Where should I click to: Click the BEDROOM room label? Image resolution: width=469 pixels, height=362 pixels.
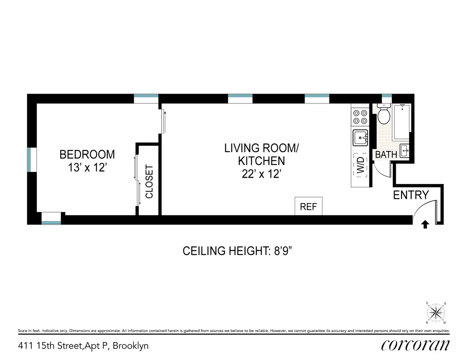(x=87, y=154)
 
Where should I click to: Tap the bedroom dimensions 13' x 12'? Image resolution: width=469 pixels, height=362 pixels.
(x=87, y=168)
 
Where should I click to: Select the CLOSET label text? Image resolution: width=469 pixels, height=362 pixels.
(x=149, y=182)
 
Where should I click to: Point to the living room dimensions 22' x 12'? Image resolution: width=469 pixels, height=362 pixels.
(x=261, y=174)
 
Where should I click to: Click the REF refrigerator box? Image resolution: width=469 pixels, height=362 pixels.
(x=308, y=206)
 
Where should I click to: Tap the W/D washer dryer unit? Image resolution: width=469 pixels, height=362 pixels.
(x=360, y=166)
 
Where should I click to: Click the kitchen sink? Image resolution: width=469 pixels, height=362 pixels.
(x=360, y=138)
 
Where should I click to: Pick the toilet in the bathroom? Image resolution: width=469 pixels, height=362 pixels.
(x=383, y=114)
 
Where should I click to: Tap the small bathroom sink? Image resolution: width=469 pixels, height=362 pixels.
(x=404, y=151)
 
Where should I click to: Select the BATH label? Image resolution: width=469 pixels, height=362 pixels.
(x=386, y=155)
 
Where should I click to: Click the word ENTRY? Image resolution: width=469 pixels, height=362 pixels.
(x=411, y=195)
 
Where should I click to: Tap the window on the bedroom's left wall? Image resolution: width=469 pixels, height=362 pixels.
(x=30, y=160)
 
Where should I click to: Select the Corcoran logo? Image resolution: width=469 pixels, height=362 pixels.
(x=415, y=345)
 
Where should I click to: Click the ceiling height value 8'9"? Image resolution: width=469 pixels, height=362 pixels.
(x=281, y=251)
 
